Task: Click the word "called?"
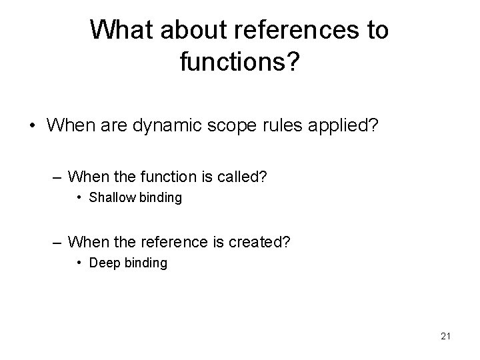pyautogui.click(x=242, y=177)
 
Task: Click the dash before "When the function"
pyautogui.click(x=57, y=177)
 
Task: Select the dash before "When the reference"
pyautogui.click(x=57, y=241)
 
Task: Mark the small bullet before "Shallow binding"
pyautogui.click(x=81, y=198)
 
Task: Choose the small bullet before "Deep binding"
pyautogui.click(x=81, y=263)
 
